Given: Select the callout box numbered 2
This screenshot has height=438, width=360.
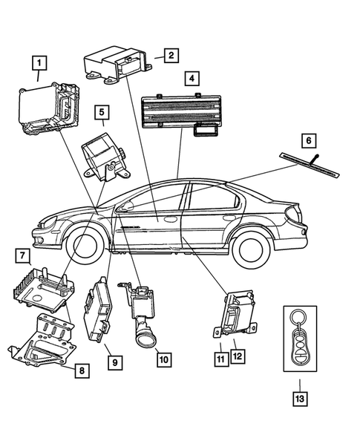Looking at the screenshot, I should coord(171,54).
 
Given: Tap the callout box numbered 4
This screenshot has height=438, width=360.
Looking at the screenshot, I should coord(192,78).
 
